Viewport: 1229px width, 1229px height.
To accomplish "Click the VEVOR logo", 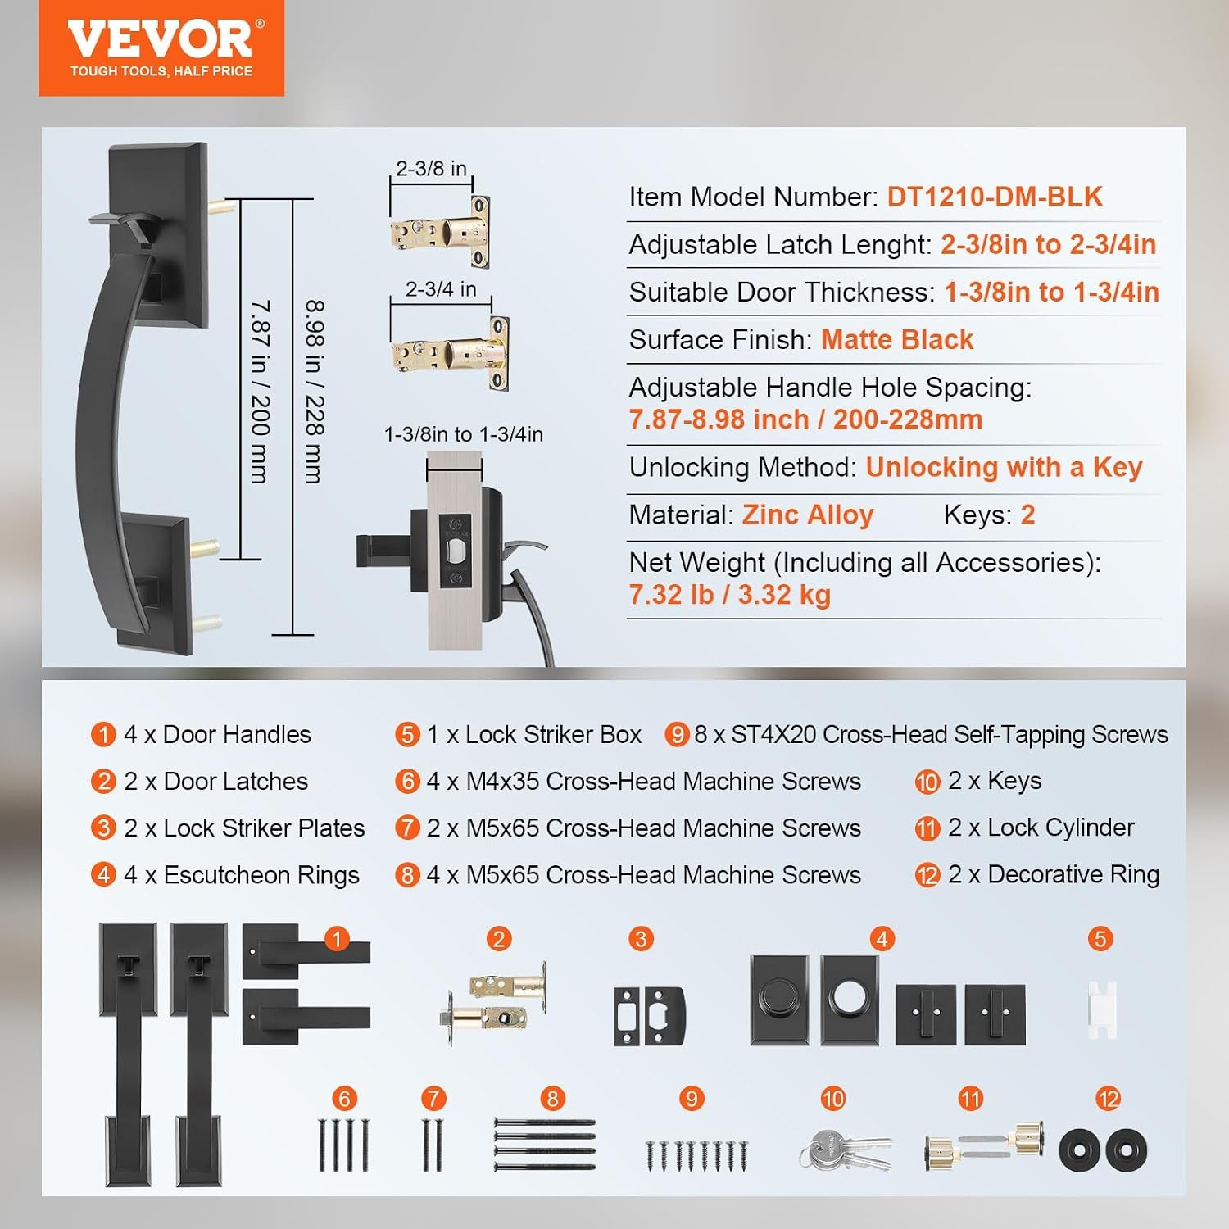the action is coord(161,48).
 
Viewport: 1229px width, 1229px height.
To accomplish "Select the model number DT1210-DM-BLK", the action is coord(995,197).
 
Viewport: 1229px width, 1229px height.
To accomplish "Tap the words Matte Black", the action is coord(897,339).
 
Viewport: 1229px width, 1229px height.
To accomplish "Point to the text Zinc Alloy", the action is coord(808,515).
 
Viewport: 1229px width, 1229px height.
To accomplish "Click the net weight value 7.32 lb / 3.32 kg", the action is coord(729,594).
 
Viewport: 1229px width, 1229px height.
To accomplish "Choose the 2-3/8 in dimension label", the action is coord(431,168).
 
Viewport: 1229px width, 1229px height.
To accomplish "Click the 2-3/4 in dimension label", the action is coord(441,288).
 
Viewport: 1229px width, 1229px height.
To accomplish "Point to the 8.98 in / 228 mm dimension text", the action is coord(315,392).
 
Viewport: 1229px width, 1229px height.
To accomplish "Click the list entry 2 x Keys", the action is coord(995,781).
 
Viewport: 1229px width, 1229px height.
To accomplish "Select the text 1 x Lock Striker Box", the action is coord(533,734).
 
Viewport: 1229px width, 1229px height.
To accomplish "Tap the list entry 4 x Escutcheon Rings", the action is coord(242,875).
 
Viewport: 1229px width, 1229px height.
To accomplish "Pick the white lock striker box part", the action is coord(1102,1009).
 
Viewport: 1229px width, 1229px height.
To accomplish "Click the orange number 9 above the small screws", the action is coord(692,1099).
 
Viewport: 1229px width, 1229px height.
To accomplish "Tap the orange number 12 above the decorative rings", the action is coord(1108,1099).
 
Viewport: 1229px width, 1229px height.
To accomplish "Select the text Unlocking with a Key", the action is coord(1004,467).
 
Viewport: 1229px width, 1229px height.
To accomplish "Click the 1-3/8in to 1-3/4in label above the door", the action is coord(464,434).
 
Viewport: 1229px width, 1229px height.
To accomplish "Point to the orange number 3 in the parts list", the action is coord(103,828).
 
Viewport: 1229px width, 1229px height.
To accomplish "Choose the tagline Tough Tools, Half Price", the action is coord(161,71).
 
